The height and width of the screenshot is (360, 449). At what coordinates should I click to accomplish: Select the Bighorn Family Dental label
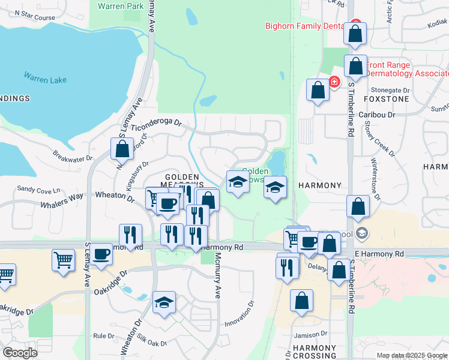306,26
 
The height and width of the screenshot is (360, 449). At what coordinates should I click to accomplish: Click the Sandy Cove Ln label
39,189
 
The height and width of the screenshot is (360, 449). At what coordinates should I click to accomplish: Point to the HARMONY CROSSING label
315,352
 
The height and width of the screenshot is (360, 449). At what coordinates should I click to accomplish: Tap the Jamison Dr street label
310,334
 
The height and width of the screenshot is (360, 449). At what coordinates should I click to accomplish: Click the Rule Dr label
104,337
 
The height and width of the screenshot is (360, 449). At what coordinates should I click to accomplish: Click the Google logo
20,352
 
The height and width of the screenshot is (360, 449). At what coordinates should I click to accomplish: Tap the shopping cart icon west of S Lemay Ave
63,260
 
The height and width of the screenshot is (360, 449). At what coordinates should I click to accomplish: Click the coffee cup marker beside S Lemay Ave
101,254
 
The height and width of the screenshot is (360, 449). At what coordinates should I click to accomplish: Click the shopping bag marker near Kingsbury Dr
122,149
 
